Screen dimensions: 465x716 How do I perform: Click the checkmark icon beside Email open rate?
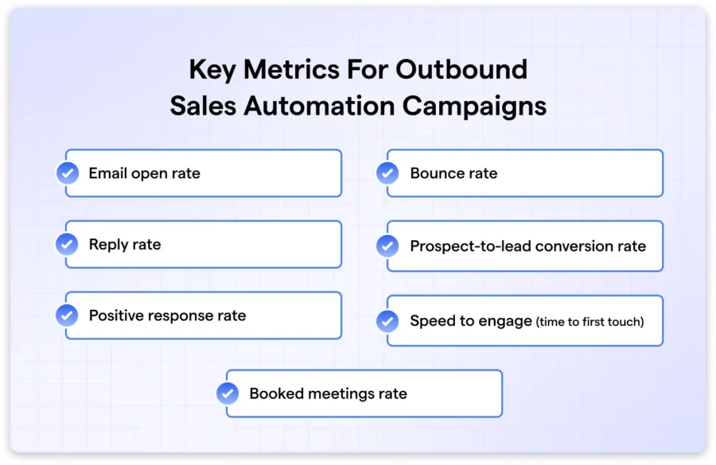[x=67, y=173]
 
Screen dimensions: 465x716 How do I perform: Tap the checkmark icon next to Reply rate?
[x=67, y=244]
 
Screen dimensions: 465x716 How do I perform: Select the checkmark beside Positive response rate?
[x=67, y=316]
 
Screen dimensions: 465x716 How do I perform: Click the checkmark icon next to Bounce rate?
[x=387, y=173]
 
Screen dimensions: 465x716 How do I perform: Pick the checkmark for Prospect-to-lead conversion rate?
[x=387, y=246]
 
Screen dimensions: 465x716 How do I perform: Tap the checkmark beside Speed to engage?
[x=387, y=321]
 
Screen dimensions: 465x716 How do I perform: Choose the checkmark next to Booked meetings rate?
[x=228, y=393]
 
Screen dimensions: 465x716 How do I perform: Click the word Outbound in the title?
[x=461, y=70]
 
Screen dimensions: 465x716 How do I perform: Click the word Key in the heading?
[x=212, y=70]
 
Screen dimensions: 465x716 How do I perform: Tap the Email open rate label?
[x=144, y=173]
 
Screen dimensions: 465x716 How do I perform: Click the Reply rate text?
[x=125, y=245]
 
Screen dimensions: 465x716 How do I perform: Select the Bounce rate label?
[x=453, y=173]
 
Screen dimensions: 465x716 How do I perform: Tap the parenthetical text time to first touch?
[x=590, y=322]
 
